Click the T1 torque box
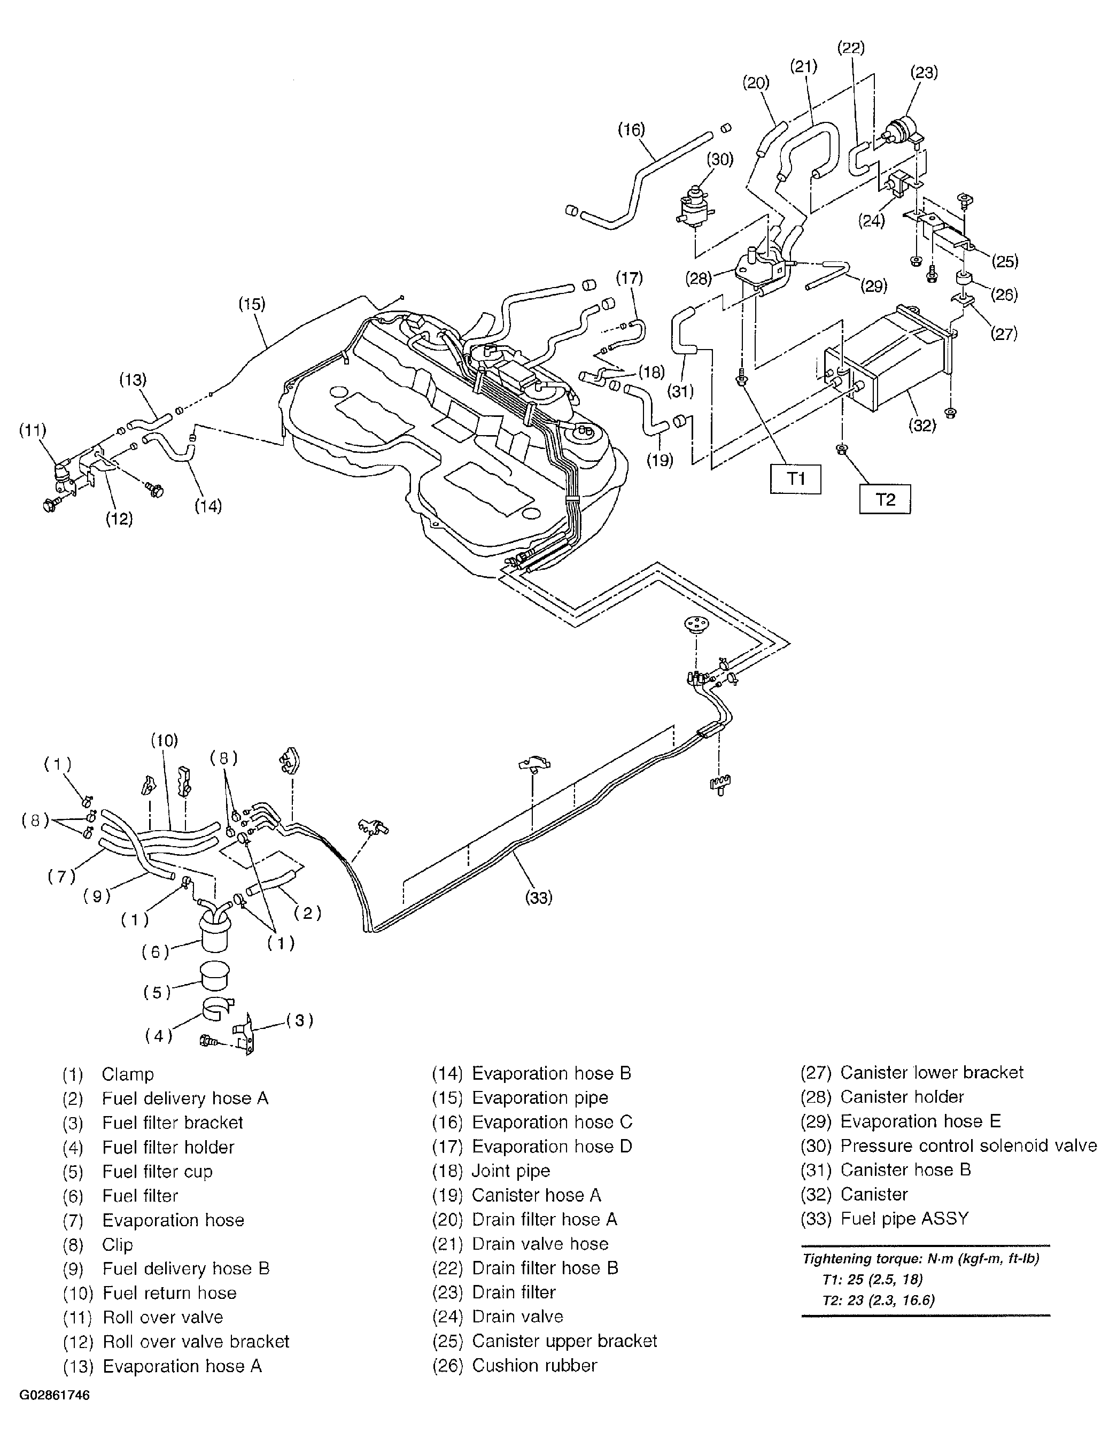click(795, 479)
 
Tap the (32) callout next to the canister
click(922, 425)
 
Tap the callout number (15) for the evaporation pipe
click(252, 304)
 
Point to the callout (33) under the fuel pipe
click(538, 897)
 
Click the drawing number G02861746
click(55, 1396)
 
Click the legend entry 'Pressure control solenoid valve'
click(968, 1145)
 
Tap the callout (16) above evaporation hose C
click(631, 129)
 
